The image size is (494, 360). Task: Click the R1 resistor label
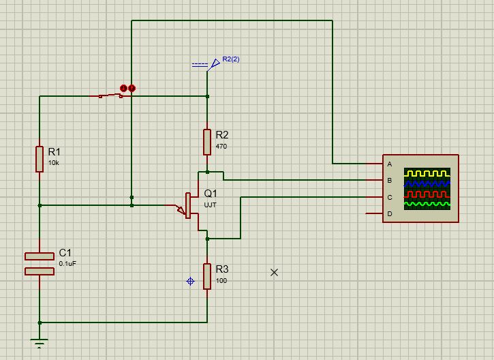pyautogui.click(x=54, y=151)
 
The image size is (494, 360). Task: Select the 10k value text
pyautogui.click(x=53, y=163)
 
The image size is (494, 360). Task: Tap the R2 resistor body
pyautogui.click(x=207, y=141)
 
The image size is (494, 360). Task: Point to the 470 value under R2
pyautogui.click(x=221, y=146)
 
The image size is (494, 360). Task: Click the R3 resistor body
pyautogui.click(x=207, y=275)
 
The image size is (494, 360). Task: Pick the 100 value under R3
pyautogui.click(x=221, y=281)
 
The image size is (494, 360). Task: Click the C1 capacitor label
pyautogui.click(x=65, y=251)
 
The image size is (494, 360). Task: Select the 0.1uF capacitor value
pyautogui.click(x=68, y=262)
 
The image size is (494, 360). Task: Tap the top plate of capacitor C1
pyautogui.click(x=40, y=256)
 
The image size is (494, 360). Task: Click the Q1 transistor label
pyautogui.click(x=211, y=193)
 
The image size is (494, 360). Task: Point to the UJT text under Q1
pyautogui.click(x=210, y=205)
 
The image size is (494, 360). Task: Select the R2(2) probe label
pyautogui.click(x=231, y=59)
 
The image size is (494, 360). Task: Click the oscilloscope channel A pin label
pyautogui.click(x=390, y=164)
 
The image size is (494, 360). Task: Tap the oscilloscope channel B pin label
pyautogui.click(x=390, y=181)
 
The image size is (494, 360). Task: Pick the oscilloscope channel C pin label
pyautogui.click(x=390, y=198)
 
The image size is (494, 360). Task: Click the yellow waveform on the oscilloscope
pyautogui.click(x=427, y=173)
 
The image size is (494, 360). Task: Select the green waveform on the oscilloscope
pyautogui.click(x=427, y=203)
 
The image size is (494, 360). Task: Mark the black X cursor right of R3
pyautogui.click(x=275, y=272)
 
